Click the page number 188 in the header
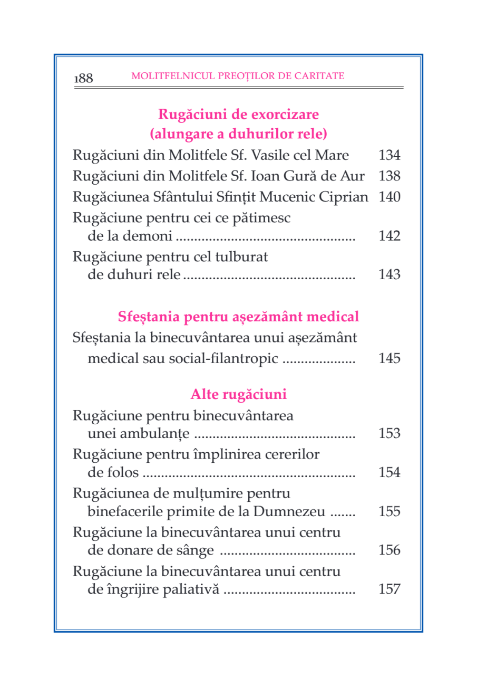click(x=84, y=79)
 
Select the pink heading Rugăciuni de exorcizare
click(x=238, y=115)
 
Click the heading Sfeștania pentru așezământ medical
click(x=238, y=317)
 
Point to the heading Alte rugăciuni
click(x=238, y=394)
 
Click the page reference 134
click(x=390, y=156)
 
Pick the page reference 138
click(x=390, y=177)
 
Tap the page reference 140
click(x=390, y=197)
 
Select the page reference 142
click(x=390, y=236)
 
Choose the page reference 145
click(x=390, y=359)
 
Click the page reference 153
click(x=390, y=434)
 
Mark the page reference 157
click(x=390, y=589)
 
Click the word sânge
click(x=197, y=550)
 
